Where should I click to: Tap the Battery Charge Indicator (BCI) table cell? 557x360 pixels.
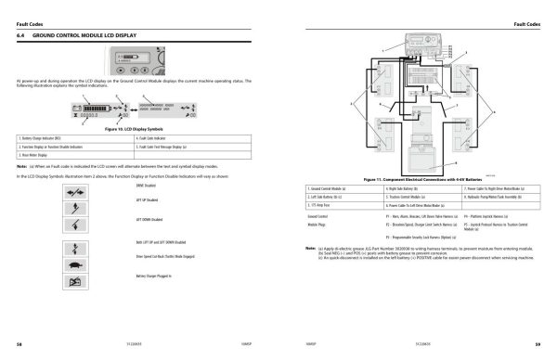point(45,137)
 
